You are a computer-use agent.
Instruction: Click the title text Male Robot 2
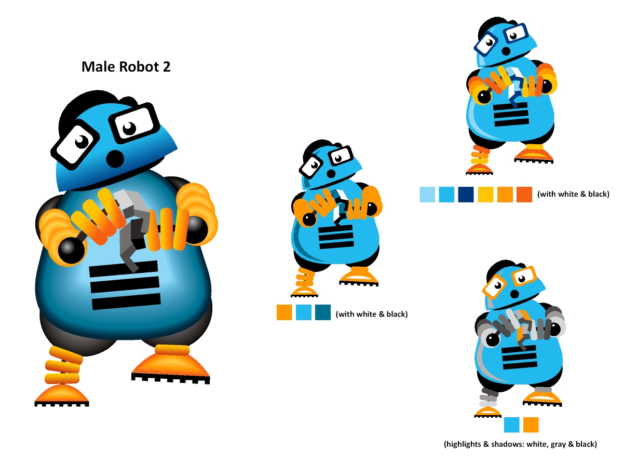tap(126, 67)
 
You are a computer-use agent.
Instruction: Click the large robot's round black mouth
tap(115, 158)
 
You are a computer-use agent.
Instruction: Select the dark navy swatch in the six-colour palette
tap(466, 195)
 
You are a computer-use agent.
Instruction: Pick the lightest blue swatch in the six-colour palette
tap(427, 195)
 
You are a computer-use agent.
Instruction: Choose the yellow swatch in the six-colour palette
tap(485, 195)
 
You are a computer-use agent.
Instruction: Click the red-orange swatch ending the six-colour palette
tap(524, 195)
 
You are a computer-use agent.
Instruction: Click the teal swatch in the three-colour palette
tap(323, 312)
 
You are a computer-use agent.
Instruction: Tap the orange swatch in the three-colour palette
tap(284, 312)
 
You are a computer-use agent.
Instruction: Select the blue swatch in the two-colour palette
tap(511, 424)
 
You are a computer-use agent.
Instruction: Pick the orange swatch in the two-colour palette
tap(531, 424)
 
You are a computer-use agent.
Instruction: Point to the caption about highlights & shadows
tap(520, 444)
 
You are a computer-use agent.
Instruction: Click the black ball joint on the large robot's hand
tap(71, 251)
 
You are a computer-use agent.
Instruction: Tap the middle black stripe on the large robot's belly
tap(125, 285)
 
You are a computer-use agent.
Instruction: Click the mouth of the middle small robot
tap(331, 173)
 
